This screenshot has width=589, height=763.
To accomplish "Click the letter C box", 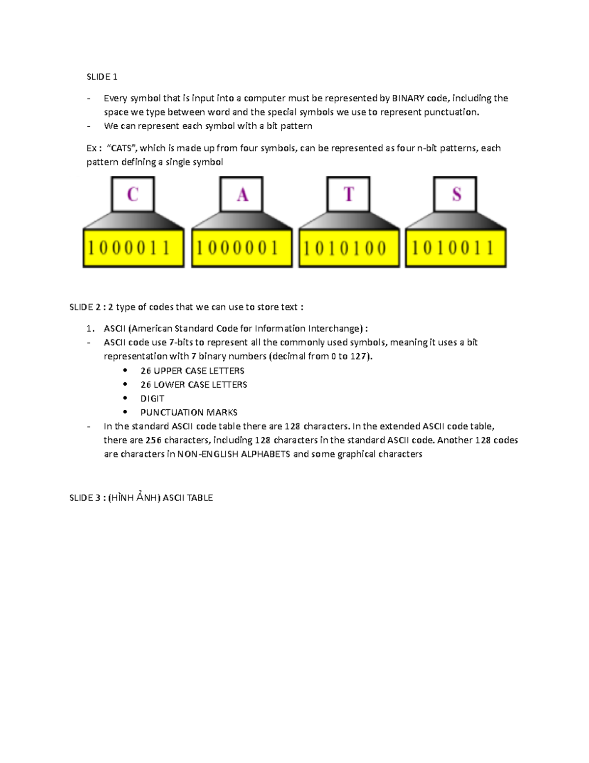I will [133, 194].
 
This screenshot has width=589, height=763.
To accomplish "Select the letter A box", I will [241, 194].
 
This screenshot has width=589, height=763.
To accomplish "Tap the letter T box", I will [348, 194].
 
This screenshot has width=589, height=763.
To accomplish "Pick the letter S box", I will [455, 194].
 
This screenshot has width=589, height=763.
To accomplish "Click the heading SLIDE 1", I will [102, 77].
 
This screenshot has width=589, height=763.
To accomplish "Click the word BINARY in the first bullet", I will [408, 98].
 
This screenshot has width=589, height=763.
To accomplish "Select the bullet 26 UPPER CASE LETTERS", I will [192, 371].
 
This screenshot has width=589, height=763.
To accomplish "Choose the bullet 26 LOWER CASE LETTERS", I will [193, 385].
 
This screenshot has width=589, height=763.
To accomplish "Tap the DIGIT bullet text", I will [152, 398].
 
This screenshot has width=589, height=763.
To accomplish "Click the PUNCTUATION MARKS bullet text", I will [188, 412].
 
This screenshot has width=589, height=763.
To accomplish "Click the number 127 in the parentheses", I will [358, 356].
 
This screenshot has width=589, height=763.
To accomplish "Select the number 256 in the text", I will [153, 440].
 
